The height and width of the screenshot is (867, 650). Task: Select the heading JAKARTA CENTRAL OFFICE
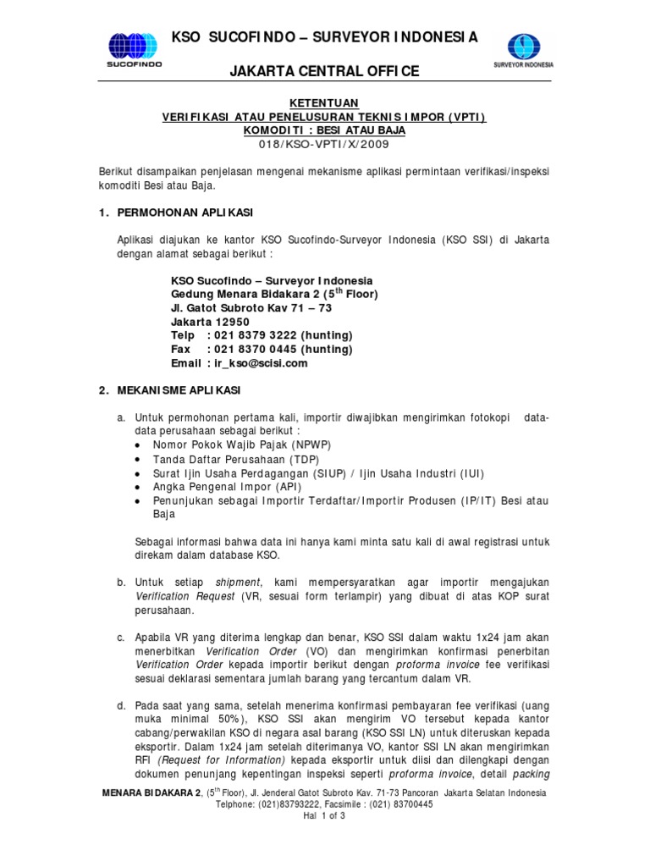(x=325, y=72)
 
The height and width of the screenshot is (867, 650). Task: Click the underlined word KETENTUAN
(x=325, y=102)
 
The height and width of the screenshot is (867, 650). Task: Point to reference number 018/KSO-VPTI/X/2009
(x=325, y=145)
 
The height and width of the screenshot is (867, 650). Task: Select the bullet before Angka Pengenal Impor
(x=139, y=488)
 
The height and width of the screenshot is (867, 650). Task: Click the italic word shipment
(x=239, y=583)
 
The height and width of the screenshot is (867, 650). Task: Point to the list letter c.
(x=122, y=637)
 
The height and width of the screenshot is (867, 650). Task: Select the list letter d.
(x=122, y=705)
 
